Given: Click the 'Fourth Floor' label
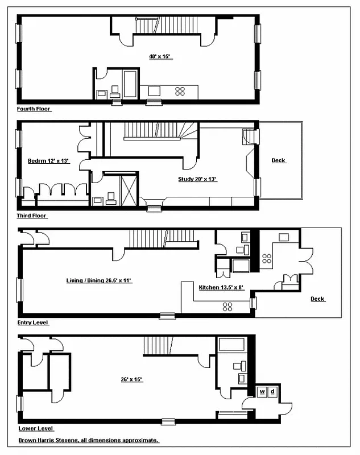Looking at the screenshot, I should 35,109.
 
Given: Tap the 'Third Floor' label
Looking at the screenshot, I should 32,216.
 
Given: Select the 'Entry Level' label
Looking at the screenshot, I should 34,322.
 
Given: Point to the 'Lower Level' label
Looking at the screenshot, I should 36,429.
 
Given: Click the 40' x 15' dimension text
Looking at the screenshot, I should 160,56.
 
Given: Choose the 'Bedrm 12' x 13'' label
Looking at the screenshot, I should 48,161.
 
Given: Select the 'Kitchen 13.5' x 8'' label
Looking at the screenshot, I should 221,288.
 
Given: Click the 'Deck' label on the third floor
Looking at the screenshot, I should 278,160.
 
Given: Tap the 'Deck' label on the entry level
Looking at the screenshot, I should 317,299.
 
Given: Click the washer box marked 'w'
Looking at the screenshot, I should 263,392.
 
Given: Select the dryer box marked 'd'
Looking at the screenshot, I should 272,392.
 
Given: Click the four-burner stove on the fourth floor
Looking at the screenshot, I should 181,90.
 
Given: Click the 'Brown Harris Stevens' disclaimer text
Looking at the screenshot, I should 88,440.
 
